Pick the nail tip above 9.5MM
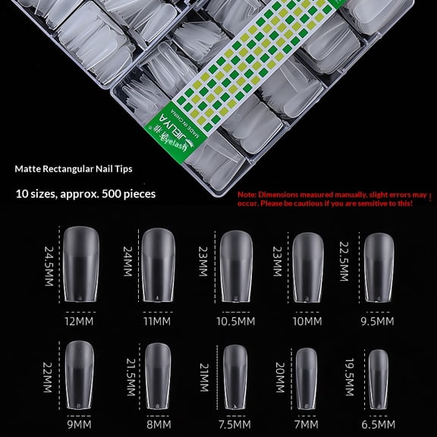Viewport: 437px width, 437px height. pyautogui.click(x=379, y=266)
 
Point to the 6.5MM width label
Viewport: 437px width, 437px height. pyautogui.click(x=379, y=426)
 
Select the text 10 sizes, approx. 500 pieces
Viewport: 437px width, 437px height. pyautogui.click(x=85, y=193)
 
